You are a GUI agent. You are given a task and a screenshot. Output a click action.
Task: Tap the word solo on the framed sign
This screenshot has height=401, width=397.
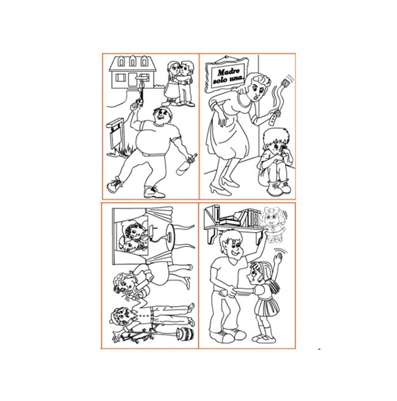(220, 80)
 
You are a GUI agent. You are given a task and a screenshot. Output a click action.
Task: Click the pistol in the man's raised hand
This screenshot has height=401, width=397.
(138, 102)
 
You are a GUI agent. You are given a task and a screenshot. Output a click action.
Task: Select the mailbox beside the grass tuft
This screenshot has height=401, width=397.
(115, 136)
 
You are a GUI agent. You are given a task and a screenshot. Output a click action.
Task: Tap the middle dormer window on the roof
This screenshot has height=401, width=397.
(133, 61)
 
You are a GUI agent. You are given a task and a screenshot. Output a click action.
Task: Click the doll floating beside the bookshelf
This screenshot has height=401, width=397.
(273, 224)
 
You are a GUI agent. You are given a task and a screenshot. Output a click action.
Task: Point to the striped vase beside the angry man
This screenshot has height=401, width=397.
(186, 334)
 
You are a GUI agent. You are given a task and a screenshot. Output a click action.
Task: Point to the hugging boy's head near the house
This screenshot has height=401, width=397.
(187, 68)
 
